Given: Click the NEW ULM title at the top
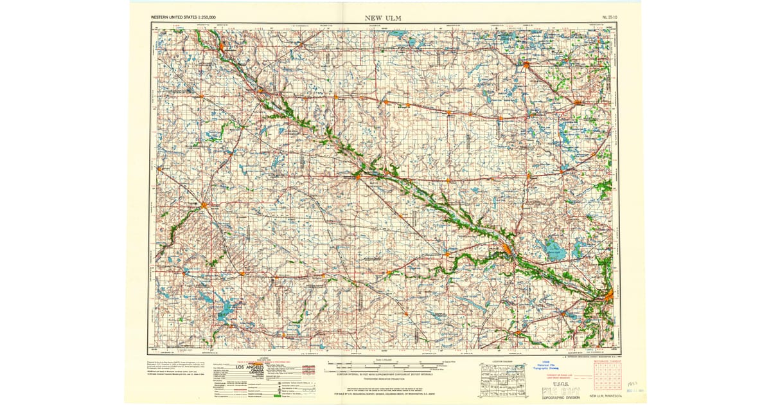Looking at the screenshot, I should point(383,17).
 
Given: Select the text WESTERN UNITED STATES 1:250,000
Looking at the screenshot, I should point(183,17).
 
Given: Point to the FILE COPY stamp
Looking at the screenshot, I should point(560,392).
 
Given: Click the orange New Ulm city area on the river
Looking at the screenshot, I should point(507,248).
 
